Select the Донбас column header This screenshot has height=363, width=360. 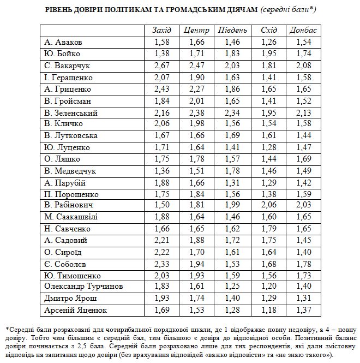click(x=302, y=29)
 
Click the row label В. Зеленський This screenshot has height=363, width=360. click(x=71, y=113)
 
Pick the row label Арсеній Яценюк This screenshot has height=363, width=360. click(x=76, y=310)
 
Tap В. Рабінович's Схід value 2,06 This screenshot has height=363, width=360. click(x=267, y=205)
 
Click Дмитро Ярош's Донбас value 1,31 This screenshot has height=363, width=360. click(x=302, y=298)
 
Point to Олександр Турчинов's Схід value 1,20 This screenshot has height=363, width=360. click(x=267, y=286)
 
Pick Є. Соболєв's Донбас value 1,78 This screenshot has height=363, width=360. click(x=302, y=263)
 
